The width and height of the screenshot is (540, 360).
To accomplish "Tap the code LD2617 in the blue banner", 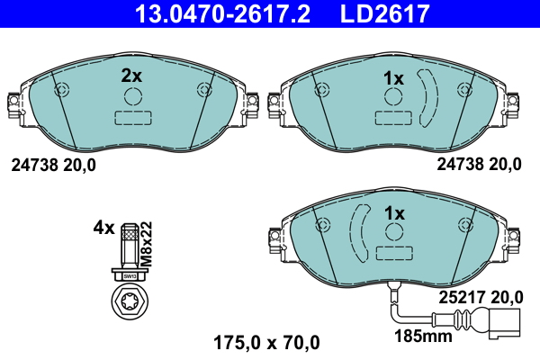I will coord(380,13).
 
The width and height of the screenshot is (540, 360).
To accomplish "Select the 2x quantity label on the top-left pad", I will coord(131,76).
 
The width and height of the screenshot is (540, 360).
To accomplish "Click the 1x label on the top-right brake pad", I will coord(393,78).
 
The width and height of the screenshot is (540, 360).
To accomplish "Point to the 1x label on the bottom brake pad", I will coord(393,213).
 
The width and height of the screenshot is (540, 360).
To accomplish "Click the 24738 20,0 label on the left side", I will coord(53,164).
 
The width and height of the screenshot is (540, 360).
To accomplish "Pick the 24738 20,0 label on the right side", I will coord(479,164).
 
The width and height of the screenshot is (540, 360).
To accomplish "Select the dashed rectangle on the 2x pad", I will coord(132,118).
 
